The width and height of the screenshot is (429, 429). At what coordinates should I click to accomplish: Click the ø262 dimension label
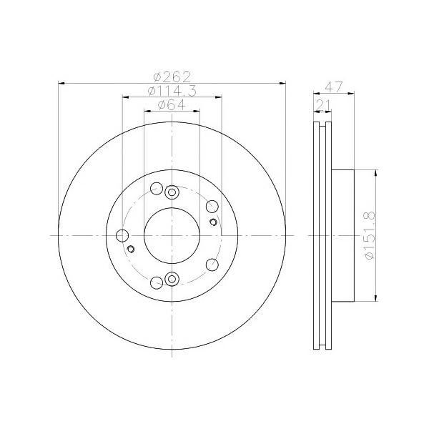(x=172, y=77)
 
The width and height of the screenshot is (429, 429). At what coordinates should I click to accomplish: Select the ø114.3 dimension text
(x=172, y=91)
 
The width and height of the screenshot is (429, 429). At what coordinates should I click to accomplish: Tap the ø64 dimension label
(x=172, y=105)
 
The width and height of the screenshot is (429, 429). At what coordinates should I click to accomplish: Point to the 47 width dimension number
(x=333, y=87)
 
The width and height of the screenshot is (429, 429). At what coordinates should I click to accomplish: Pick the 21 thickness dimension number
(x=323, y=105)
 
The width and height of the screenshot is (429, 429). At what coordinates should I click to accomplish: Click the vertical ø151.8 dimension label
(x=370, y=235)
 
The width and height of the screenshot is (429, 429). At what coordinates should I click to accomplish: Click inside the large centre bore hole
(x=172, y=235)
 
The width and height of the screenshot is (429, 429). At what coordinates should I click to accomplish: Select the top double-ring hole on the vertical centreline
(x=172, y=192)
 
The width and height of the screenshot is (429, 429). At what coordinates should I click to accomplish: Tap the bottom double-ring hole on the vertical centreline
(x=172, y=279)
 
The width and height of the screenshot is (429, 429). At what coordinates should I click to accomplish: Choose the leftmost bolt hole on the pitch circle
(x=122, y=235)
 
